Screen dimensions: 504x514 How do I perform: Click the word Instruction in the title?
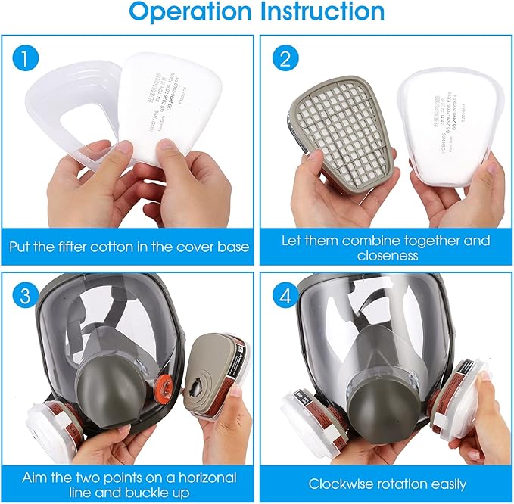(322, 12)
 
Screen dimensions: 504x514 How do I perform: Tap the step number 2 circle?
(285, 58)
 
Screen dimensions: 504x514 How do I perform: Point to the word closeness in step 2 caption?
(386, 257)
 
